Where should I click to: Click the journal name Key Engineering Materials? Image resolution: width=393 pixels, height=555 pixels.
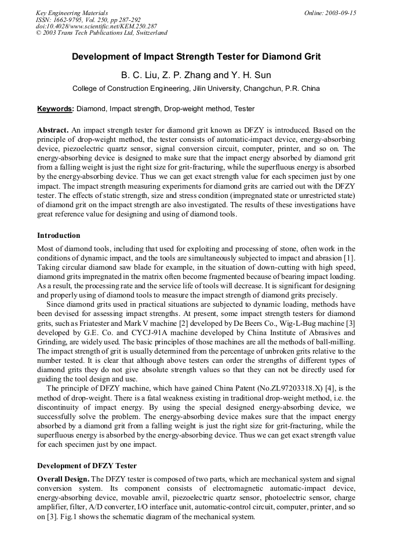click(x=71, y=13)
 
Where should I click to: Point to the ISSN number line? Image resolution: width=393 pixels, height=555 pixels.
click(x=88, y=20)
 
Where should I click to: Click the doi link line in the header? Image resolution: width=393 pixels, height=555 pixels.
click(x=96, y=26)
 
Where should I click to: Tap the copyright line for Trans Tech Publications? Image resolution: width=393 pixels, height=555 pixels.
click(x=101, y=33)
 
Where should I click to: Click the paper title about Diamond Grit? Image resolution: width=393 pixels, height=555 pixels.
click(x=196, y=57)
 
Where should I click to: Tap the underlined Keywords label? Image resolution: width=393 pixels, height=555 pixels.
click(x=56, y=109)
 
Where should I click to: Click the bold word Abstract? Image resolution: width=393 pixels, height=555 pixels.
click(x=53, y=130)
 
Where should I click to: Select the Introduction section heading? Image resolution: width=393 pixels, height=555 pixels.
click(x=59, y=236)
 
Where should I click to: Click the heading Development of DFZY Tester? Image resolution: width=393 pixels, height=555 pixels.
click(x=87, y=466)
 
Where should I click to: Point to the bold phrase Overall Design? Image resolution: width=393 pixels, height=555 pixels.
click(x=63, y=479)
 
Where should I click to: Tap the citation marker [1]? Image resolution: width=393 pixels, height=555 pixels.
click(x=350, y=257)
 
